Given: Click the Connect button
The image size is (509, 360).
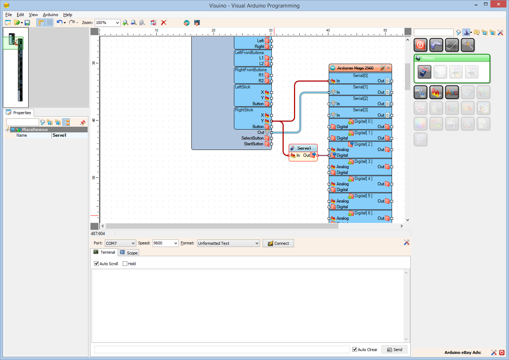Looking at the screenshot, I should pyautogui.click(x=278, y=243).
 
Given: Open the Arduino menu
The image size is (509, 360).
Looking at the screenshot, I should pyautogui.click(x=50, y=15).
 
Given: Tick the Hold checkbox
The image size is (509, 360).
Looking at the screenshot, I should pyautogui.click(x=125, y=264).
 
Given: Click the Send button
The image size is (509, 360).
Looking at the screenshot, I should pyautogui.click(x=394, y=350).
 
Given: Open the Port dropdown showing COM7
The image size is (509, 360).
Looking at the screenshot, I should pyautogui.click(x=120, y=243).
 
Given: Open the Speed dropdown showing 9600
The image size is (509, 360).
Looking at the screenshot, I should pyautogui.click(x=165, y=243).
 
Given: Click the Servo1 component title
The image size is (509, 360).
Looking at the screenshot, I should pyautogui.click(x=304, y=148).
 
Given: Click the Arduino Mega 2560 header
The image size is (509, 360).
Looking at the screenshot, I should pyautogui.click(x=355, y=68).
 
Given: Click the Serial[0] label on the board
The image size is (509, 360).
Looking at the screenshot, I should pyautogui.click(x=360, y=76).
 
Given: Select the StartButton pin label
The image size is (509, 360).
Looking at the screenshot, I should pyautogui.click(x=253, y=144).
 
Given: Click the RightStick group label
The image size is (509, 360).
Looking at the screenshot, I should pyautogui.click(x=244, y=110).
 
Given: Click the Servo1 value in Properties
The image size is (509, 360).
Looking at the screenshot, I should pyautogui.click(x=69, y=135).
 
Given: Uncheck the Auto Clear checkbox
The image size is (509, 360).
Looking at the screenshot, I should pyautogui.click(x=355, y=350).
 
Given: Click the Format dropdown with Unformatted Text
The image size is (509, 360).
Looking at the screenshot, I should pyautogui.click(x=228, y=243).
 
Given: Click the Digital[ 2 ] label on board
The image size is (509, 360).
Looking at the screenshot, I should pyautogui.click(x=363, y=144).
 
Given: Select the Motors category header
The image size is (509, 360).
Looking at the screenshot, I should pyautogui.click(x=428, y=58).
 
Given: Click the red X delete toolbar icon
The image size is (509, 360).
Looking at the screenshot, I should pyautogui.click(x=164, y=23).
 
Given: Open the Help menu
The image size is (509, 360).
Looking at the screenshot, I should pyautogui.click(x=68, y=15).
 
